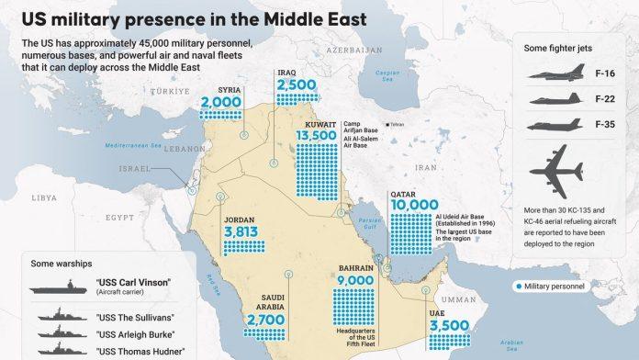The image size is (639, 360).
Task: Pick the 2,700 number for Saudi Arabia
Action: point(265,319)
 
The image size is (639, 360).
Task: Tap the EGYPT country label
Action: point(118,217)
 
